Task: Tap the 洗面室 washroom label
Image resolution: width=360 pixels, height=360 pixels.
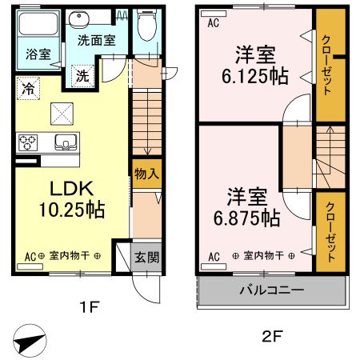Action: [x=94, y=38]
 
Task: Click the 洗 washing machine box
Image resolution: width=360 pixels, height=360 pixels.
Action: [x=83, y=76]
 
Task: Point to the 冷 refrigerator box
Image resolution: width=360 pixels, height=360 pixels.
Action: [x=28, y=89]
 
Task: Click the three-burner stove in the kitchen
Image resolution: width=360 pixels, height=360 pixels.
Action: [x=28, y=144]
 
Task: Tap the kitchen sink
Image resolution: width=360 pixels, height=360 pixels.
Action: [x=63, y=144]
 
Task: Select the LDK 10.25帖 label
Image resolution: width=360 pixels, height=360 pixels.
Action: [x=73, y=199]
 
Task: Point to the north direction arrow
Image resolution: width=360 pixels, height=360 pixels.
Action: [x=29, y=341]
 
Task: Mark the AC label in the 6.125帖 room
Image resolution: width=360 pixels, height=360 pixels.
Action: [x=213, y=22]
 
